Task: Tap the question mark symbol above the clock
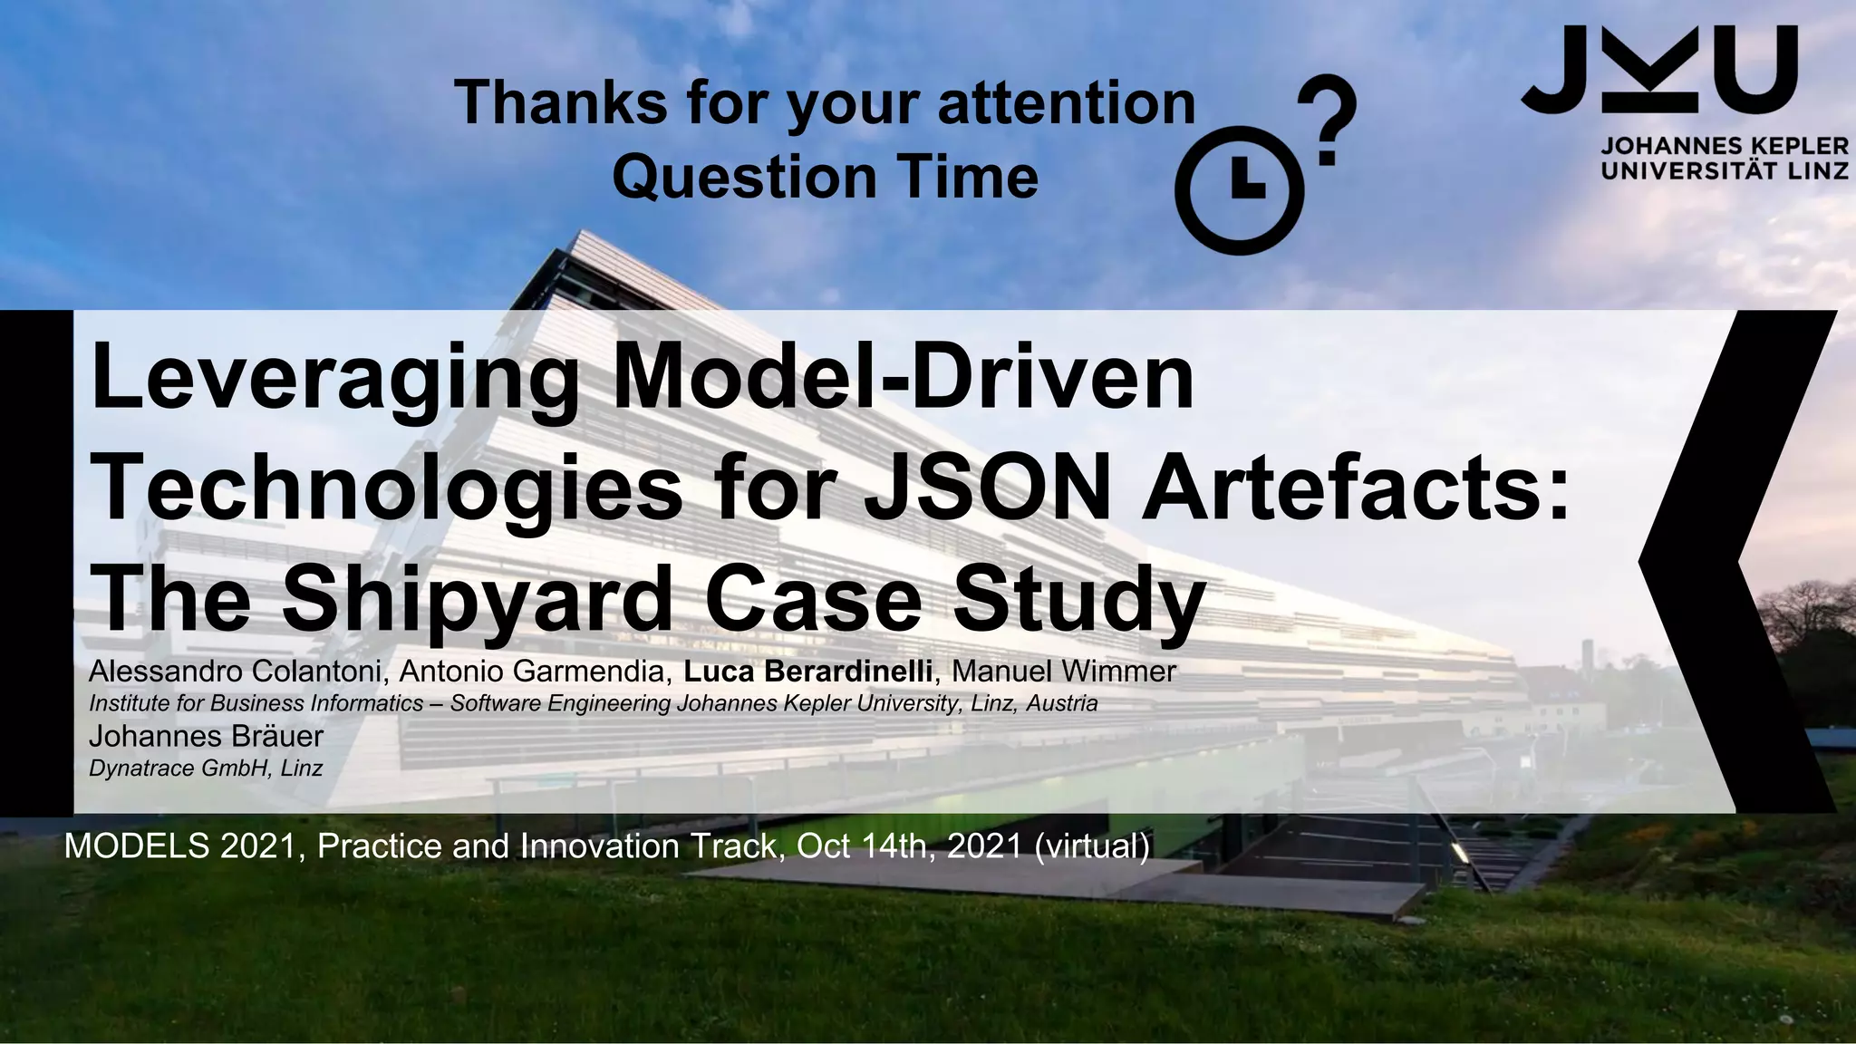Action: point(1327,119)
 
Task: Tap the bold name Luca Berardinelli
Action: point(807,672)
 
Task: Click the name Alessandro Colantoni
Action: point(239,672)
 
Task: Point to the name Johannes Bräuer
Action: point(206,735)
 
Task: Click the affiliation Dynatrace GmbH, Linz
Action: point(206,768)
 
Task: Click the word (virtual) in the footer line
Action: point(1091,846)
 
